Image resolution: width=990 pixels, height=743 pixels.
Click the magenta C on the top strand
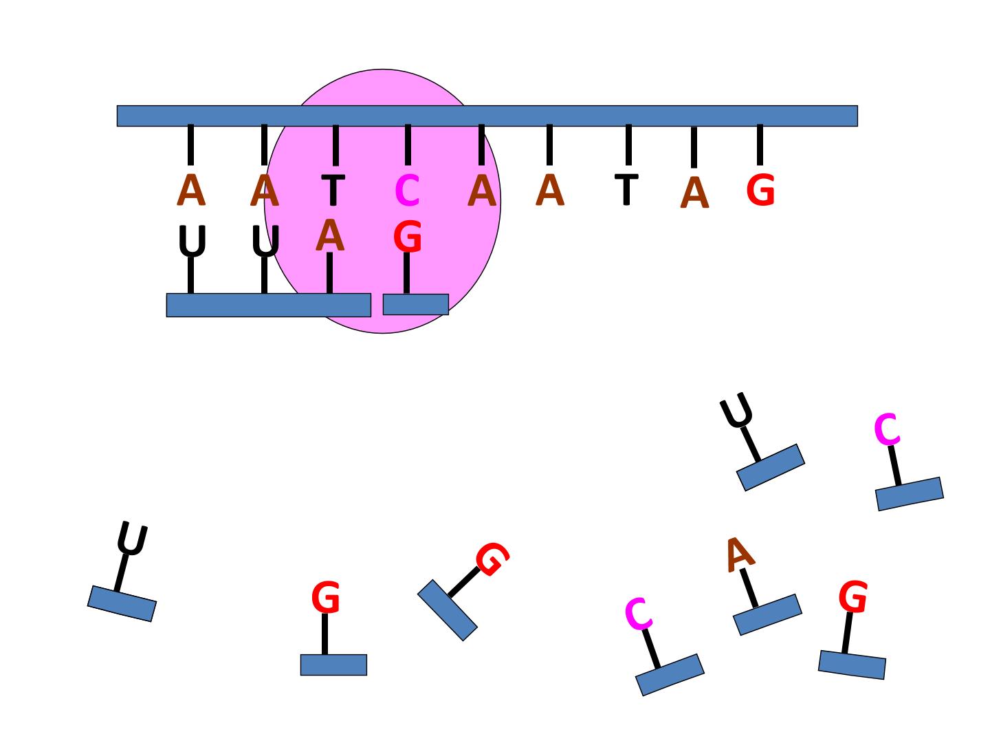[407, 191]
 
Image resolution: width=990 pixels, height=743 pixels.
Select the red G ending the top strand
[760, 190]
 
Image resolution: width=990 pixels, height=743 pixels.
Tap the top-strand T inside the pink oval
[333, 190]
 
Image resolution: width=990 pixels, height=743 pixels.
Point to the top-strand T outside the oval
[626, 189]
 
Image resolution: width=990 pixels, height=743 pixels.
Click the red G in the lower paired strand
[407, 236]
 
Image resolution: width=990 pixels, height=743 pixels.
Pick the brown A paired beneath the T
[330, 235]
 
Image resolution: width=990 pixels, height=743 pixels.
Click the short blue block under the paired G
[415, 305]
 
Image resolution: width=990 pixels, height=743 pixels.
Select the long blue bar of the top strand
[487, 116]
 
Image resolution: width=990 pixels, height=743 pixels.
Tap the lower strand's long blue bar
[269, 305]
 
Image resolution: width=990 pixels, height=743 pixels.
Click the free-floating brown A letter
[740, 555]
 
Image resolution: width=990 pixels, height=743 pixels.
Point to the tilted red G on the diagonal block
[492, 559]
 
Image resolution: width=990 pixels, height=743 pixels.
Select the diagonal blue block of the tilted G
[448, 610]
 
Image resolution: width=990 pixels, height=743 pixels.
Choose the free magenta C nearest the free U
[887, 429]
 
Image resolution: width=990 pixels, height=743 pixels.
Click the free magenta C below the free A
[639, 614]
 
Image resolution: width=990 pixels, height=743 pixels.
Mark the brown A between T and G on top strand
[694, 193]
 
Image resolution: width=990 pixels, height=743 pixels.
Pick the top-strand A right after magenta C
[482, 191]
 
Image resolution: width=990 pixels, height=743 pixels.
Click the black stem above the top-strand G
[760, 144]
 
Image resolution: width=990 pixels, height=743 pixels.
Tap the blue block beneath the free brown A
[768, 615]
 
